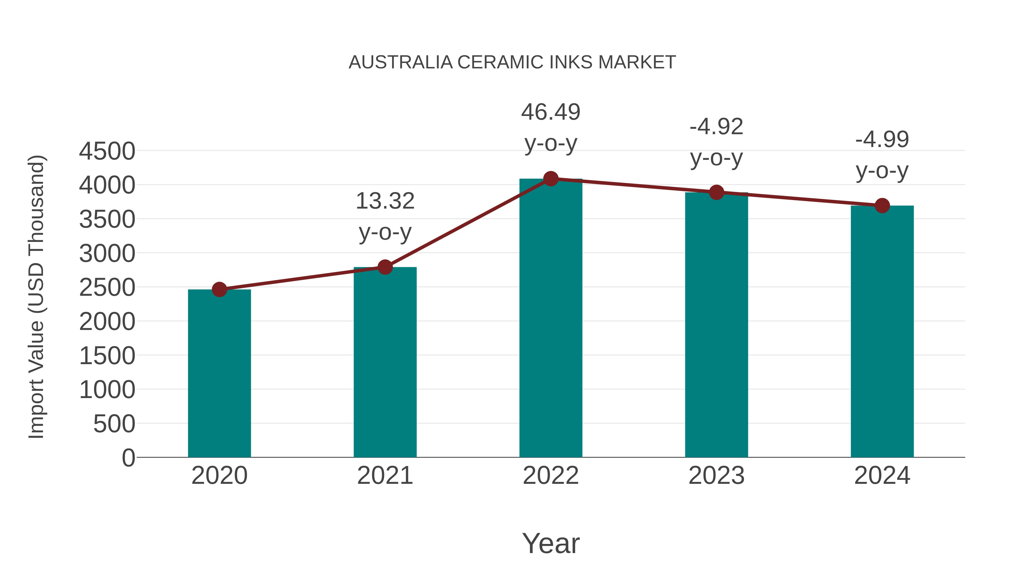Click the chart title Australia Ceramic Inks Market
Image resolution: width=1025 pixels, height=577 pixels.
(x=512, y=62)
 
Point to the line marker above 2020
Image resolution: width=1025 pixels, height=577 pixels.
(x=219, y=289)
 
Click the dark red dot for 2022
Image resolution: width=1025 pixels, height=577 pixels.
(x=551, y=179)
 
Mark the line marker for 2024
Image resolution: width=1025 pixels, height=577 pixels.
(x=882, y=205)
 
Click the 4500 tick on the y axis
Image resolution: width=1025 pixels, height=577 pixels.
(x=107, y=151)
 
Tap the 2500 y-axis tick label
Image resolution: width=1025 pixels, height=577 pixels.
(x=107, y=288)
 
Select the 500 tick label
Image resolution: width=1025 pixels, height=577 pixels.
(x=114, y=424)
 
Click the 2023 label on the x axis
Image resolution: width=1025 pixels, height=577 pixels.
(x=716, y=476)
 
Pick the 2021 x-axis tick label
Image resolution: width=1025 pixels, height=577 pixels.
(x=385, y=476)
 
